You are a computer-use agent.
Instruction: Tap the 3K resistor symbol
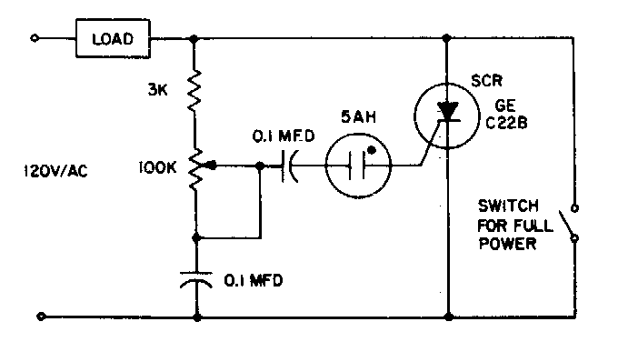pos(195,92)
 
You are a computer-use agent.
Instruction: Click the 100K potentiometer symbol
pos(195,167)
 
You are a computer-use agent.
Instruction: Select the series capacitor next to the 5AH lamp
pos(291,166)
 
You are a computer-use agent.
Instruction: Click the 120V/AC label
pos(58,170)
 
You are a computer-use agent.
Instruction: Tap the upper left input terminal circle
pos(35,39)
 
